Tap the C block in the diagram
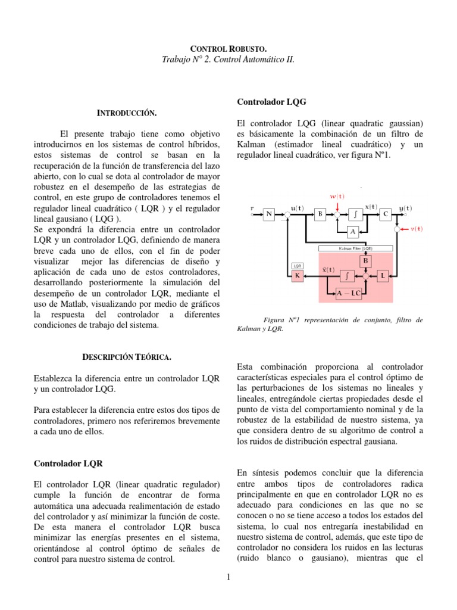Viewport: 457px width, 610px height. click(x=386, y=215)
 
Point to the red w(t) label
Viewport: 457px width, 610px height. click(x=337, y=196)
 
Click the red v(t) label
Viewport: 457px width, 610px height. click(x=417, y=228)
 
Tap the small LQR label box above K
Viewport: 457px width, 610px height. click(x=298, y=265)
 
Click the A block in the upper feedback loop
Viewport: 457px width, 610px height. click(x=352, y=231)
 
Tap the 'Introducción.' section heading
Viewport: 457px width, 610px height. click(x=127, y=113)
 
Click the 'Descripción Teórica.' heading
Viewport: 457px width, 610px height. click(x=126, y=357)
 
